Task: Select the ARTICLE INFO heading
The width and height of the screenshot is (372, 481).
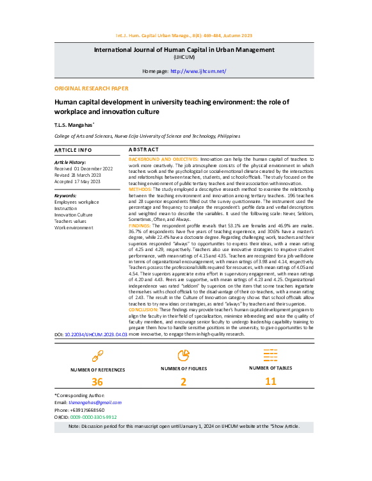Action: pyautogui.click(x=73, y=149)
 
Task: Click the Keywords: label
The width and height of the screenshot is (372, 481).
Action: pyautogui.click(x=66, y=195)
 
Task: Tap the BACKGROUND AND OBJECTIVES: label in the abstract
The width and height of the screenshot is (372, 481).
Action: pyautogui.click(x=163, y=158)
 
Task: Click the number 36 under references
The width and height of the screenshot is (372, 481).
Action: pyautogui.click(x=98, y=382)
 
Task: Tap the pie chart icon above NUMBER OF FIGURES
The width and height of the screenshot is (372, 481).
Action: pyautogui.click(x=183, y=354)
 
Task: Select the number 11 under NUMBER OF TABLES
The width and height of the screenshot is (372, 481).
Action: pyautogui.click(x=271, y=382)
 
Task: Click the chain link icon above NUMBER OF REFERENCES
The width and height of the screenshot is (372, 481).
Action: pyautogui.click(x=98, y=355)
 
